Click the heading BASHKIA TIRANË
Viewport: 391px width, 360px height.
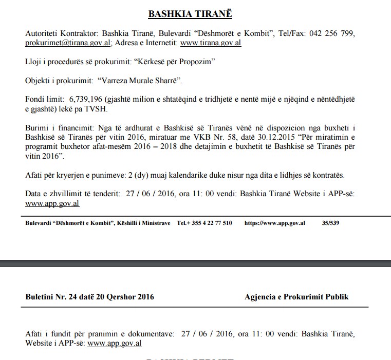[190, 14]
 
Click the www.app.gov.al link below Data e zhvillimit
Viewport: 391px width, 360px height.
[52, 203]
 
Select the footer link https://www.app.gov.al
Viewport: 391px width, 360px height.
[275, 223]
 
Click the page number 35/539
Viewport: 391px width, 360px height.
[330, 223]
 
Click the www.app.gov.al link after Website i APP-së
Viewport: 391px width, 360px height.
[115, 343]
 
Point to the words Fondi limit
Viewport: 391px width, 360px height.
[44, 99]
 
